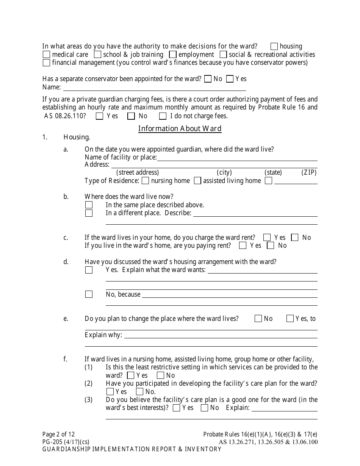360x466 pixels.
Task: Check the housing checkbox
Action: coord(274,47)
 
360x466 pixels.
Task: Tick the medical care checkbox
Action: coord(47,55)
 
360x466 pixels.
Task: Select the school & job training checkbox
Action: coord(97,55)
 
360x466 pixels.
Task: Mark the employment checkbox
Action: coord(173,55)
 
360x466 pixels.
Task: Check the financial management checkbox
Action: coord(47,63)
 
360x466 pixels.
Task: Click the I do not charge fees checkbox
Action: coord(163,116)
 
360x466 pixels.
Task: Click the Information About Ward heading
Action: coord(180,128)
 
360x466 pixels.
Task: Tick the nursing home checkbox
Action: coord(145,181)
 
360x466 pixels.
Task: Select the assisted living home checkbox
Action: coord(197,181)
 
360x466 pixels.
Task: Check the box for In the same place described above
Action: coord(89,205)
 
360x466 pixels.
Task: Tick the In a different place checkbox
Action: coord(89,213)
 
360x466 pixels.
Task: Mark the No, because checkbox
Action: coord(89,294)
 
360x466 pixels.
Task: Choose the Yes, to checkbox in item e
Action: coord(290,319)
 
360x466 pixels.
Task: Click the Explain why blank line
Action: coord(221,336)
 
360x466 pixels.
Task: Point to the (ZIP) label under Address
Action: coord(309,172)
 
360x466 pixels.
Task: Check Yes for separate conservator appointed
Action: coord(230,79)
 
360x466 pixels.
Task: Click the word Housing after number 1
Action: coord(77,138)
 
